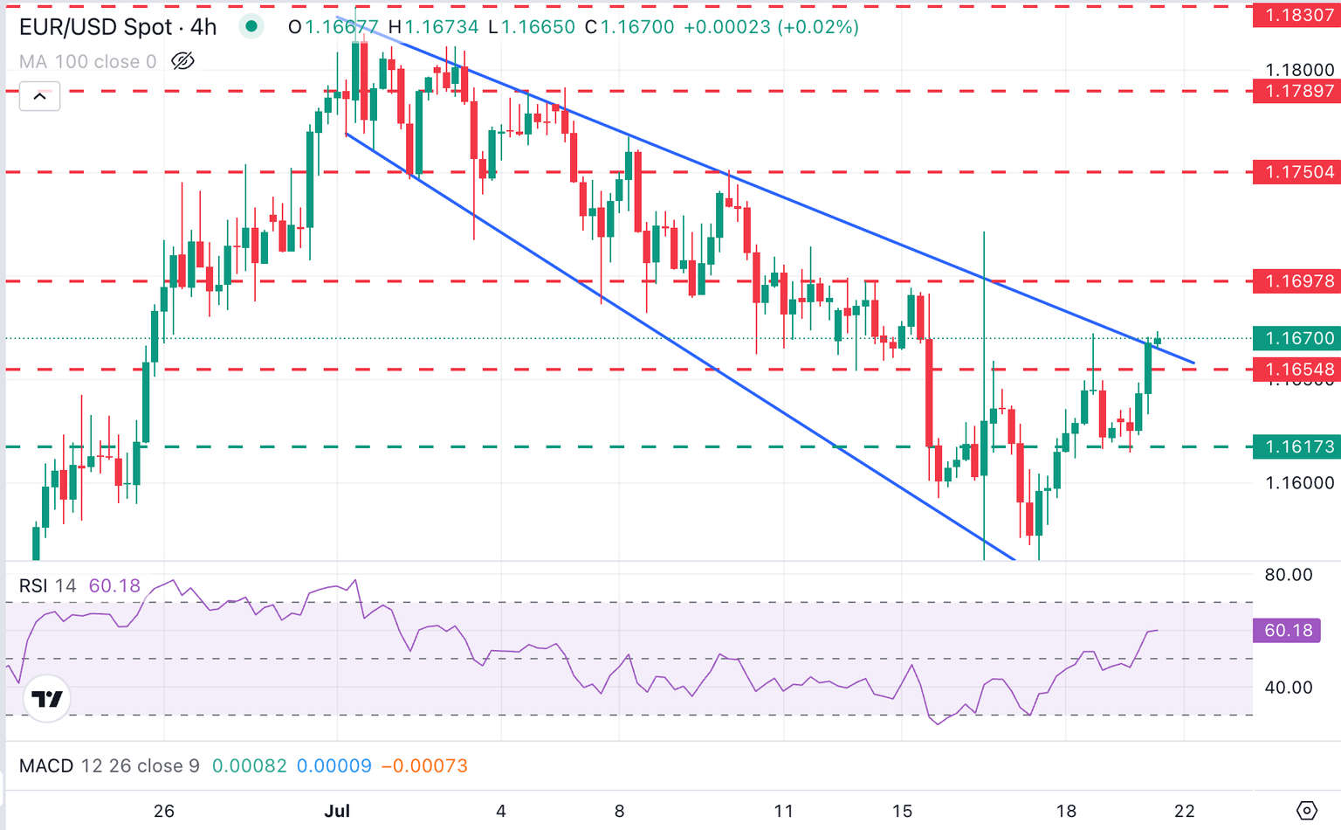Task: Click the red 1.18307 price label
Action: (1296, 15)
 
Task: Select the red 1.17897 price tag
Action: (1296, 91)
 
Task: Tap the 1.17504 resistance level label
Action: (1296, 172)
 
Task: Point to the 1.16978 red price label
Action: (1296, 281)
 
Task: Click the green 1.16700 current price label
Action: (1296, 338)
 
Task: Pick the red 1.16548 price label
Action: (1296, 370)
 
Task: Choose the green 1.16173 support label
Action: (1296, 446)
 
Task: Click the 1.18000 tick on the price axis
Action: (1299, 70)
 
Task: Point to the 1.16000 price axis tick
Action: (1299, 483)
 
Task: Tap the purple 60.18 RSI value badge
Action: (1287, 631)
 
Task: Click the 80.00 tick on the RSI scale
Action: (1288, 575)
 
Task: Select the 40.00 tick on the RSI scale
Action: (1288, 688)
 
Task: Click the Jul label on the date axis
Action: (337, 811)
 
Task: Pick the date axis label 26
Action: (164, 811)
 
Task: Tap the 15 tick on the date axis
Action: (902, 811)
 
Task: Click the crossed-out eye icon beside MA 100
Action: (182, 61)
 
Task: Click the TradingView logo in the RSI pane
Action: (47, 699)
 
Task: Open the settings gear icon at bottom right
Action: (1306, 811)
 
